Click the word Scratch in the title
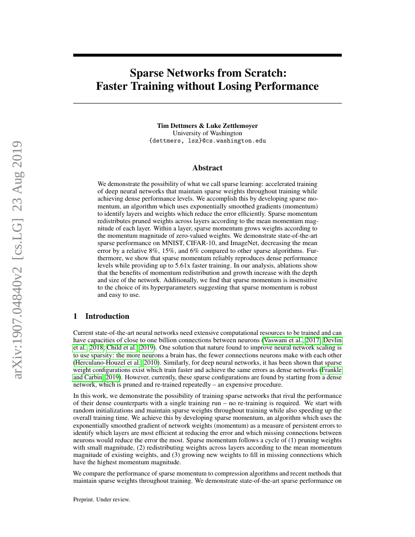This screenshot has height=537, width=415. (x=263, y=73)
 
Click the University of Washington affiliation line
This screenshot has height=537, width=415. (x=207, y=133)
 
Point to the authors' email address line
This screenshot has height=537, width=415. (x=207, y=141)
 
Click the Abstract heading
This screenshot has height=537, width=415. (x=207, y=168)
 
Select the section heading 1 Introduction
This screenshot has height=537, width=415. (x=101, y=316)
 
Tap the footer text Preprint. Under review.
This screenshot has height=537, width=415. (x=102, y=499)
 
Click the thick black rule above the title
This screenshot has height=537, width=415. (x=207, y=55)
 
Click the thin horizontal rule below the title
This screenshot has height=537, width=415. (x=207, y=103)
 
